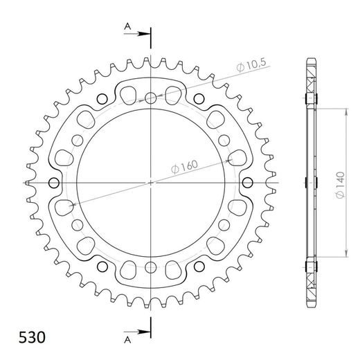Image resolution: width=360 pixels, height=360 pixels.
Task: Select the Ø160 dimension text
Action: [184, 167]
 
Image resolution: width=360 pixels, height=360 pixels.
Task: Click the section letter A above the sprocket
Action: [127, 26]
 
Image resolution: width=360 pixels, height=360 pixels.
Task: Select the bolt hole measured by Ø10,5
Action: [152, 98]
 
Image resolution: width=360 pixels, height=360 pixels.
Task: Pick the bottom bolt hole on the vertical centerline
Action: [152, 267]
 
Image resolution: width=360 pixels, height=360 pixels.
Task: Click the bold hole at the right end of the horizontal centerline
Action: [247, 183]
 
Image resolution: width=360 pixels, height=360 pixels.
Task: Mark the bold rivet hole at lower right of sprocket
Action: [199, 268]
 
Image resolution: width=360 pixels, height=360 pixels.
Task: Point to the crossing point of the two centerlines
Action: [152, 183]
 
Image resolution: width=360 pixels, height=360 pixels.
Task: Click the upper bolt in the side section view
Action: [309, 98]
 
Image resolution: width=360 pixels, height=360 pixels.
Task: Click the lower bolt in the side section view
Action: [309, 267]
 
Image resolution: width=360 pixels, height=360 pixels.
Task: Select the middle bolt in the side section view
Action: [309, 183]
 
